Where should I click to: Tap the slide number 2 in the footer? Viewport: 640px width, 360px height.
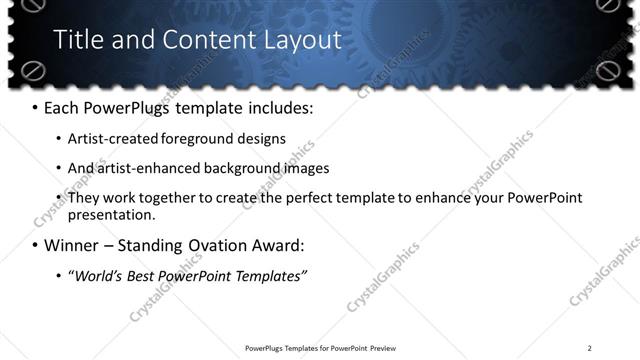pos(589,348)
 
